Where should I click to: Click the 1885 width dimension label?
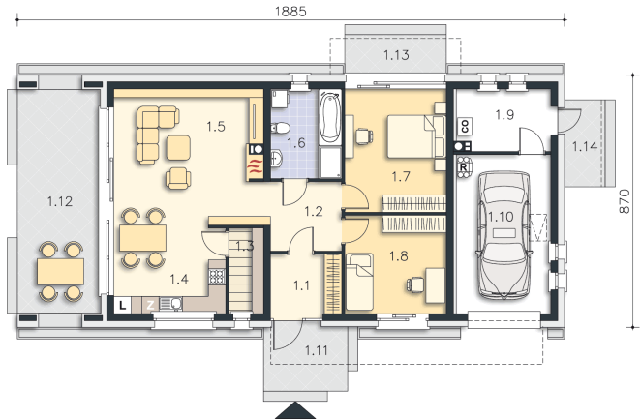coord(290,11)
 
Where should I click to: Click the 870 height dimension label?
coord(625,201)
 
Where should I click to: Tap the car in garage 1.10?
coord(504,235)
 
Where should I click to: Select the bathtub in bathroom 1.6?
coord(329,117)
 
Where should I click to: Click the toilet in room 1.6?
coord(280,128)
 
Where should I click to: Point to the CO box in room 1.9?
coord(465,126)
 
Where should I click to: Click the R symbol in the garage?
coord(464,167)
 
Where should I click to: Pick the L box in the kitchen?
coord(122,305)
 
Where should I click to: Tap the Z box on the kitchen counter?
coord(150,305)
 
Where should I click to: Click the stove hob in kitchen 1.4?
coord(217,277)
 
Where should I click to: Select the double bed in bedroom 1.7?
coord(415,136)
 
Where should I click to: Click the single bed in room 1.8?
coord(360,282)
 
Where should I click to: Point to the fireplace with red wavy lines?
coord(256,166)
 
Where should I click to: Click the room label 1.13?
coord(396,55)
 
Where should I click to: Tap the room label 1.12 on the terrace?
coord(60,201)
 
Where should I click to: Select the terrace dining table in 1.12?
coord(60,272)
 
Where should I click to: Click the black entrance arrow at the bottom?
coord(295,411)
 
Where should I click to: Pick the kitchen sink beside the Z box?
coord(170,304)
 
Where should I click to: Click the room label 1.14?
coord(584,146)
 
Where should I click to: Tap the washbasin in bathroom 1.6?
coord(276,159)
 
